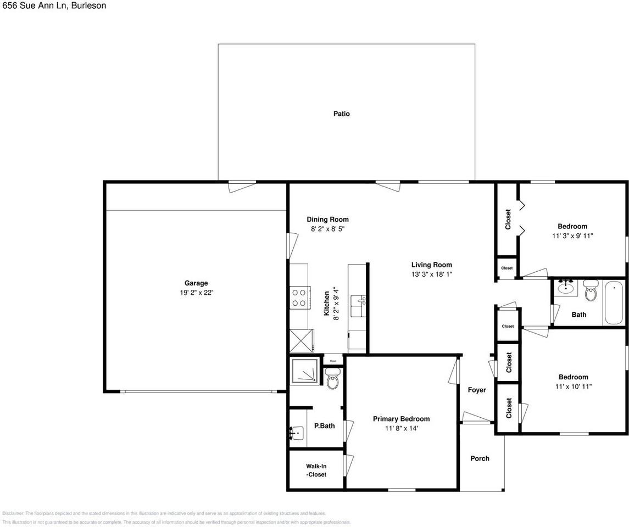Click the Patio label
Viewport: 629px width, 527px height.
341,114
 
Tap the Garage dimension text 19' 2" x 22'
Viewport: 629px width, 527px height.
196,293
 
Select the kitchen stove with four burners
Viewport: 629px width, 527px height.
299,298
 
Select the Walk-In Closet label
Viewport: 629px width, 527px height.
316,470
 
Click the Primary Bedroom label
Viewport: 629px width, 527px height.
401,418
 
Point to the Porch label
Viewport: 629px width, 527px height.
480,458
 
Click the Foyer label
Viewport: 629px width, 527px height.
476,390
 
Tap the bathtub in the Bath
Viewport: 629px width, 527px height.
614,302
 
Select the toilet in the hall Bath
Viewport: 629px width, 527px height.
591,291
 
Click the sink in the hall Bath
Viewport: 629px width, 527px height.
566,288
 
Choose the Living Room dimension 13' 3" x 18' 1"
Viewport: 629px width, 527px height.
431,274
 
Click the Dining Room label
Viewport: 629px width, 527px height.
327,219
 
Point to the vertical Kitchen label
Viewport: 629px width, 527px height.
327,303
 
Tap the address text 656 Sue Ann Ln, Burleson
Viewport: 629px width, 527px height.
53,5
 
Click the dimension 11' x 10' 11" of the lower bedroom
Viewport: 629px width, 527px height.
573,386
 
